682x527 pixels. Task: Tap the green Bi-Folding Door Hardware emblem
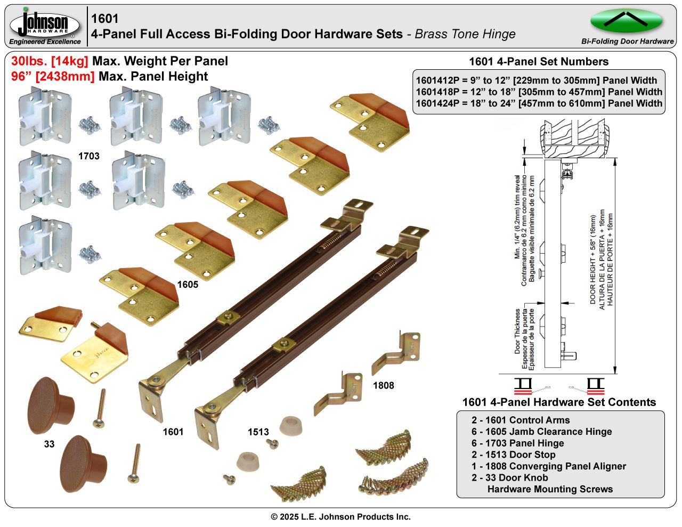pyautogui.click(x=626, y=21)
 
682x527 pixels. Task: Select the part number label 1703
pyautogui.click(x=88, y=156)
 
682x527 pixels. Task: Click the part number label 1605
pyautogui.click(x=187, y=285)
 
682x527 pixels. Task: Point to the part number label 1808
pyautogui.click(x=383, y=385)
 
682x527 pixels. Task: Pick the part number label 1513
pyautogui.click(x=258, y=432)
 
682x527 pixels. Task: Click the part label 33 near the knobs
pyautogui.click(x=49, y=444)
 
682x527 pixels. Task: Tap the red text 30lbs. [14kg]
pyautogui.click(x=50, y=61)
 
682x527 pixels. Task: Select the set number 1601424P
pyautogui.click(x=438, y=103)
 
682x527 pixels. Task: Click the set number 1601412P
pyautogui.click(x=438, y=80)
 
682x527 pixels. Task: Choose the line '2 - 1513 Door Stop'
pyautogui.click(x=513, y=455)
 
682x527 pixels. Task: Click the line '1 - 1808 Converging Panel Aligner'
pyautogui.click(x=548, y=466)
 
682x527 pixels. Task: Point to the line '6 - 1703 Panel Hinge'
pyautogui.click(x=517, y=443)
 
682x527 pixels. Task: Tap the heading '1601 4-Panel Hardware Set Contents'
pyautogui.click(x=559, y=402)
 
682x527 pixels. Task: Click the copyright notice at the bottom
pyautogui.click(x=341, y=516)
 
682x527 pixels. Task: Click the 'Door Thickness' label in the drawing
pyautogui.click(x=517, y=331)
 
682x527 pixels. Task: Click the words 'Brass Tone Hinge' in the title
pyautogui.click(x=465, y=34)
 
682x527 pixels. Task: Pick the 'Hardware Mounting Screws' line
pyautogui.click(x=550, y=489)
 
